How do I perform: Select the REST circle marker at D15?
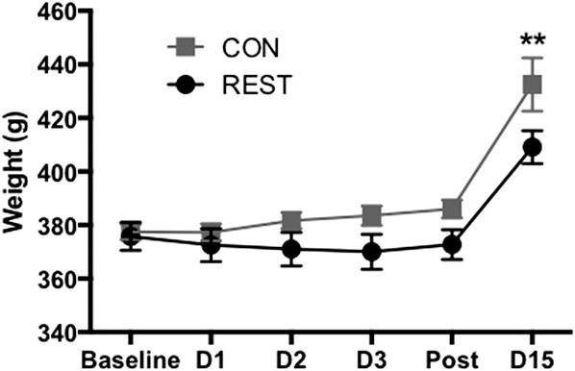click(531, 147)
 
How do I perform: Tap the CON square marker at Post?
click(452, 209)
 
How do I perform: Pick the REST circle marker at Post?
click(452, 244)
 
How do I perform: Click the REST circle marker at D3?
click(372, 253)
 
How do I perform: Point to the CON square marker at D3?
click(372, 215)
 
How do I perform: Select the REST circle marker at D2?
click(292, 250)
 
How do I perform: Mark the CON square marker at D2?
click(292, 220)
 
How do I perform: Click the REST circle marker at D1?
click(212, 245)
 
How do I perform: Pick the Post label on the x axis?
click(452, 359)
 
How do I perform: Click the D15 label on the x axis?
click(531, 359)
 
